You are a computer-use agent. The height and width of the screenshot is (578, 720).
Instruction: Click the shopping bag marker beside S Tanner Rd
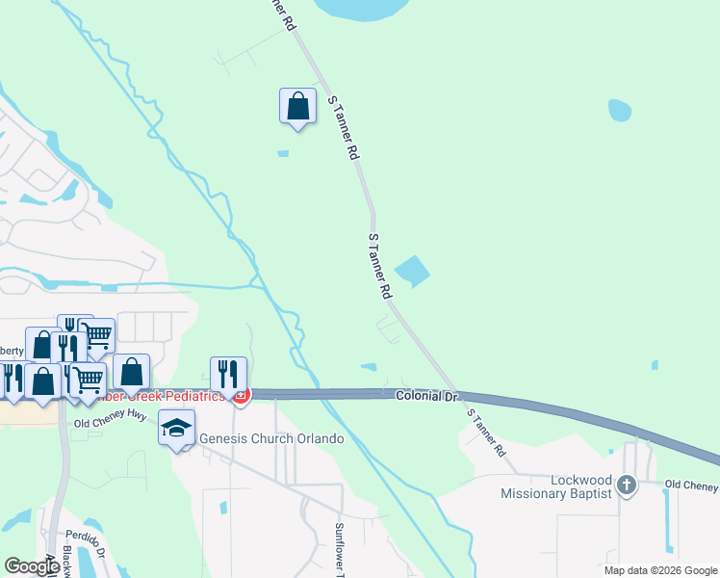pos(297,106)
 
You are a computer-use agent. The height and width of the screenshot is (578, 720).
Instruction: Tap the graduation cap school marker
pos(176,427)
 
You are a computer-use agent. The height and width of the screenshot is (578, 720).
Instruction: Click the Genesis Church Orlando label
pos(270,439)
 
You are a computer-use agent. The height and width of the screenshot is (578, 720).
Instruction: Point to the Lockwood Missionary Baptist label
pos(555,486)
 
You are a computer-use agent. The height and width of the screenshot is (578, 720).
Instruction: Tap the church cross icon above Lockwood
pos(627,485)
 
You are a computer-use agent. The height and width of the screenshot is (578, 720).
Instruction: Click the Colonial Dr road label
pos(424,396)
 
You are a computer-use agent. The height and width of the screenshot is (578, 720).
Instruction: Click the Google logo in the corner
pos(32,566)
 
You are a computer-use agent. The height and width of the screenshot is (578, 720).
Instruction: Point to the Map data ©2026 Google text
pos(660,570)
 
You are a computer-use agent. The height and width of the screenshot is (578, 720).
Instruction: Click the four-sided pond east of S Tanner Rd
pos(412,271)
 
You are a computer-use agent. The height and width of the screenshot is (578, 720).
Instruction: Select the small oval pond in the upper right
pos(619,110)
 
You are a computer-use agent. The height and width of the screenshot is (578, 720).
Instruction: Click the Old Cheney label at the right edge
pos(691,484)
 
